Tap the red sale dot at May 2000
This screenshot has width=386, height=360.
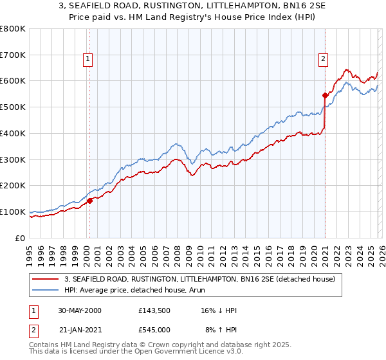(90, 201)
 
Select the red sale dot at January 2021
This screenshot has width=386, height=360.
(325, 95)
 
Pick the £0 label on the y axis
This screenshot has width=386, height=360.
(21, 238)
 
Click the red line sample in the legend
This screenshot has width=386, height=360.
(46, 280)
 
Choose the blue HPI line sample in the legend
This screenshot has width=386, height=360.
(46, 290)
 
